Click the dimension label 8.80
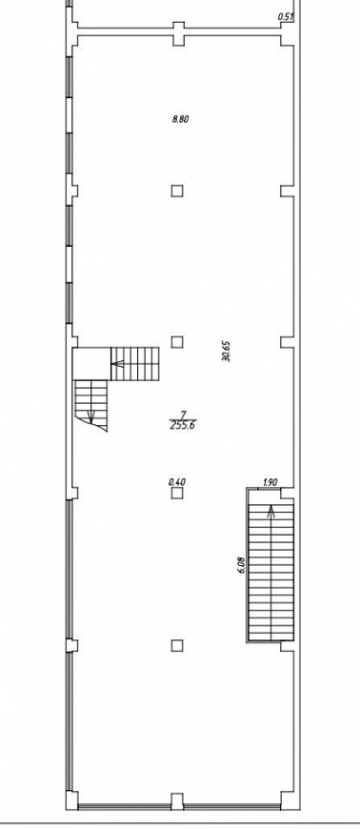[180, 119]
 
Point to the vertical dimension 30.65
[227, 351]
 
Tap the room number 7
[183, 414]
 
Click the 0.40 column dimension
[176, 481]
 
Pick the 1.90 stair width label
[270, 481]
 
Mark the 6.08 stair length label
[242, 564]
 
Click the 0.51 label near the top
[286, 17]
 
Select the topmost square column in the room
[177, 191]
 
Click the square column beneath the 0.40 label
[177, 494]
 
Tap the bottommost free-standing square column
[177, 645]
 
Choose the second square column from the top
[177, 342]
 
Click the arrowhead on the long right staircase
[271, 511]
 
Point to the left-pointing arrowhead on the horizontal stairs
[116, 364]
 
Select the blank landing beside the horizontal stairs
[91, 364]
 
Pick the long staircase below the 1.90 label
[271, 573]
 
